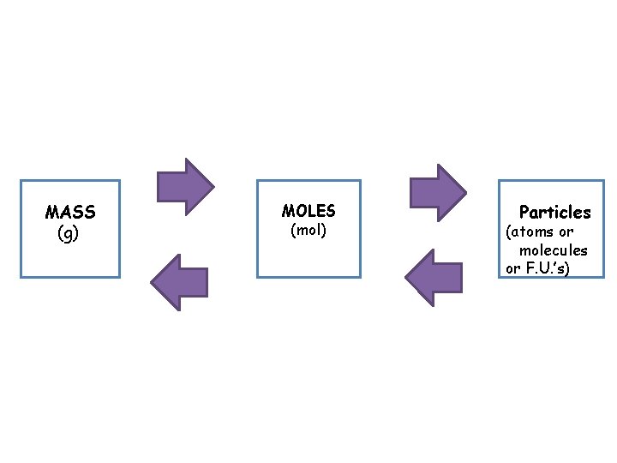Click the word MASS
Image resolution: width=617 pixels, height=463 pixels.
(x=70, y=212)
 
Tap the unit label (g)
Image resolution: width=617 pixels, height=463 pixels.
(x=68, y=232)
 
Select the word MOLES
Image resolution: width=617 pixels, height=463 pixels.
(x=308, y=211)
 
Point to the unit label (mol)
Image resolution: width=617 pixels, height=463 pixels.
(x=308, y=231)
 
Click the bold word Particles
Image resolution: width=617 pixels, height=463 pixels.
(x=554, y=212)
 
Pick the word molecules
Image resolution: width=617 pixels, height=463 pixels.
(x=553, y=250)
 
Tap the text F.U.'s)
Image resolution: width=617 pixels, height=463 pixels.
(x=550, y=269)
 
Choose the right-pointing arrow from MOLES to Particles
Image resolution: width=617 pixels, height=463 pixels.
(x=437, y=191)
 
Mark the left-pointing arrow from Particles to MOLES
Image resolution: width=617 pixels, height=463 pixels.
(x=434, y=278)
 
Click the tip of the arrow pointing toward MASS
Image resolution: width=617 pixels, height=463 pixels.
(x=152, y=283)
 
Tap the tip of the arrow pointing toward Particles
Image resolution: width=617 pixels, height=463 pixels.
(x=465, y=191)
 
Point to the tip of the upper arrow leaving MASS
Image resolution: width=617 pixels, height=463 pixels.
(x=213, y=186)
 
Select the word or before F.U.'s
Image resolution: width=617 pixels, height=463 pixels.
(x=513, y=269)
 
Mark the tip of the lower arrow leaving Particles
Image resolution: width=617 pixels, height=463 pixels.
(x=406, y=278)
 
